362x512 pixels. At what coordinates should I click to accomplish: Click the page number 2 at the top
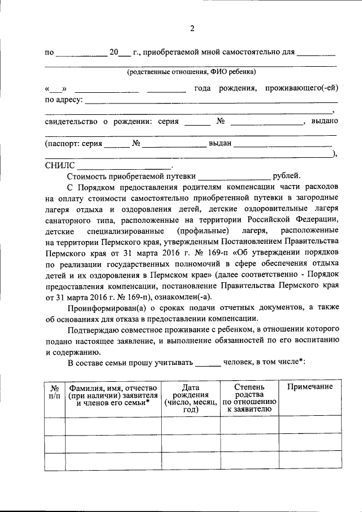[192, 29]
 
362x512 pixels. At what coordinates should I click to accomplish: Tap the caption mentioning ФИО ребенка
[191, 72]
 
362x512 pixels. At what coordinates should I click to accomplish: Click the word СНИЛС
[59, 166]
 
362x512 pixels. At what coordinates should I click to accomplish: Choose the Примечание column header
[309, 386]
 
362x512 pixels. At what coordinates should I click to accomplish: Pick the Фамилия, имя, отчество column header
[113, 394]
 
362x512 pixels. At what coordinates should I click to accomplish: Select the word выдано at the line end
[325, 122]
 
